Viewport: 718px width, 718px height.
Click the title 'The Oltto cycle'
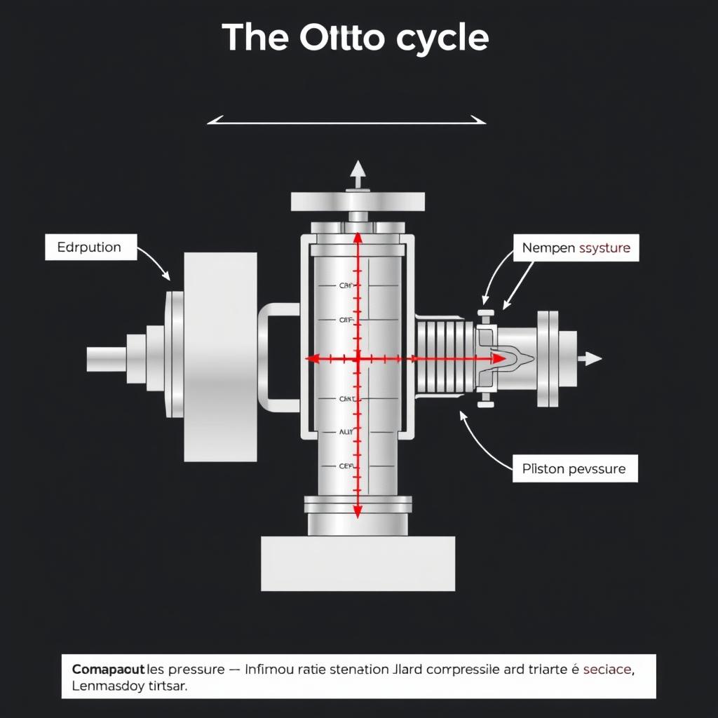[355, 37]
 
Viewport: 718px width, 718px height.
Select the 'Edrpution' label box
[90, 248]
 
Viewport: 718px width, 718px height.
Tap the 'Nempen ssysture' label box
[576, 248]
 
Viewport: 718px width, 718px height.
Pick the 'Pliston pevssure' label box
[574, 468]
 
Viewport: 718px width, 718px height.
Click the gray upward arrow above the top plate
[358, 172]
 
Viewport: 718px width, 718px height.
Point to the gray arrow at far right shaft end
[592, 359]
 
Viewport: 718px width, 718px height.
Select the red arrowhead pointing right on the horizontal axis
[498, 359]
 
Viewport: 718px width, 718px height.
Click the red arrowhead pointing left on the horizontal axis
[313, 359]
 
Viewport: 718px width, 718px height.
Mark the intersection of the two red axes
[357, 359]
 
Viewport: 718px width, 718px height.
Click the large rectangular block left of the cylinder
[219, 357]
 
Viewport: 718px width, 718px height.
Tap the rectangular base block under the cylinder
[358, 563]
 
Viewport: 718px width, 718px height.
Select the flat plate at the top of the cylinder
[358, 201]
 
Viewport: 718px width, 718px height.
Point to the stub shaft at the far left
[106, 359]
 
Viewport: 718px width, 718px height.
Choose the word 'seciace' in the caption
[607, 669]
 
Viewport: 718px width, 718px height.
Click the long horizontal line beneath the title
[346, 123]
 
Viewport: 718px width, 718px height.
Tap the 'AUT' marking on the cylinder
[346, 433]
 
